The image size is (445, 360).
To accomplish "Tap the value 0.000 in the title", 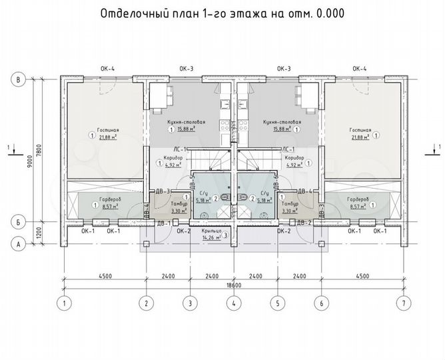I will [x=329, y=13].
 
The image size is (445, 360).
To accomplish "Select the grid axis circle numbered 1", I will [x=63, y=304].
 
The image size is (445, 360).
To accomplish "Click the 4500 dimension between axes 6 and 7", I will [x=362, y=275].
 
